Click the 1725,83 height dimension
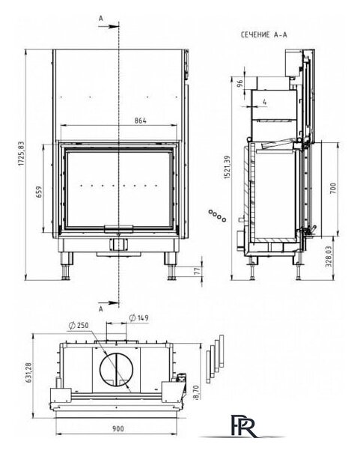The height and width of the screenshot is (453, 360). point(22,153)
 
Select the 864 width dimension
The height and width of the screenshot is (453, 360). point(140,121)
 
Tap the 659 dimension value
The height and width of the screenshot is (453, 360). point(39,192)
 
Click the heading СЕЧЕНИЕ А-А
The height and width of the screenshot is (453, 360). point(264,35)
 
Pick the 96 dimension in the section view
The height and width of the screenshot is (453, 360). point(240,84)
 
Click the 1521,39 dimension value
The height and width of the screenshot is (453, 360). point(228,167)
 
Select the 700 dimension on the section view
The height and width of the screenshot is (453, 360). point(333,188)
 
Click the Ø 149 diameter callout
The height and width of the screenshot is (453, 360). point(139,318)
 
